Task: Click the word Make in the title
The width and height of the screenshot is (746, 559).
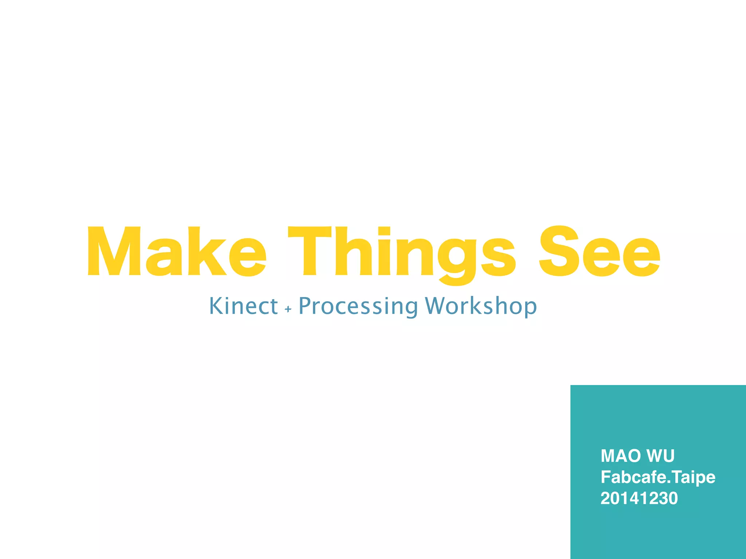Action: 177,251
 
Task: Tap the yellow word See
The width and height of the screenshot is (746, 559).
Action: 599,251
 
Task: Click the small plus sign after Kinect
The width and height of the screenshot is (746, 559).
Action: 288,309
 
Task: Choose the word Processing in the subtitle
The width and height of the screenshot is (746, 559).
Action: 358,306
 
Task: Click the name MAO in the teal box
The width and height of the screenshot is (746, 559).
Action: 621,456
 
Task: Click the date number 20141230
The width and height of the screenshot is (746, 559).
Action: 639,498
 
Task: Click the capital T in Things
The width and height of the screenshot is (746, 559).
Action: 310,251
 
